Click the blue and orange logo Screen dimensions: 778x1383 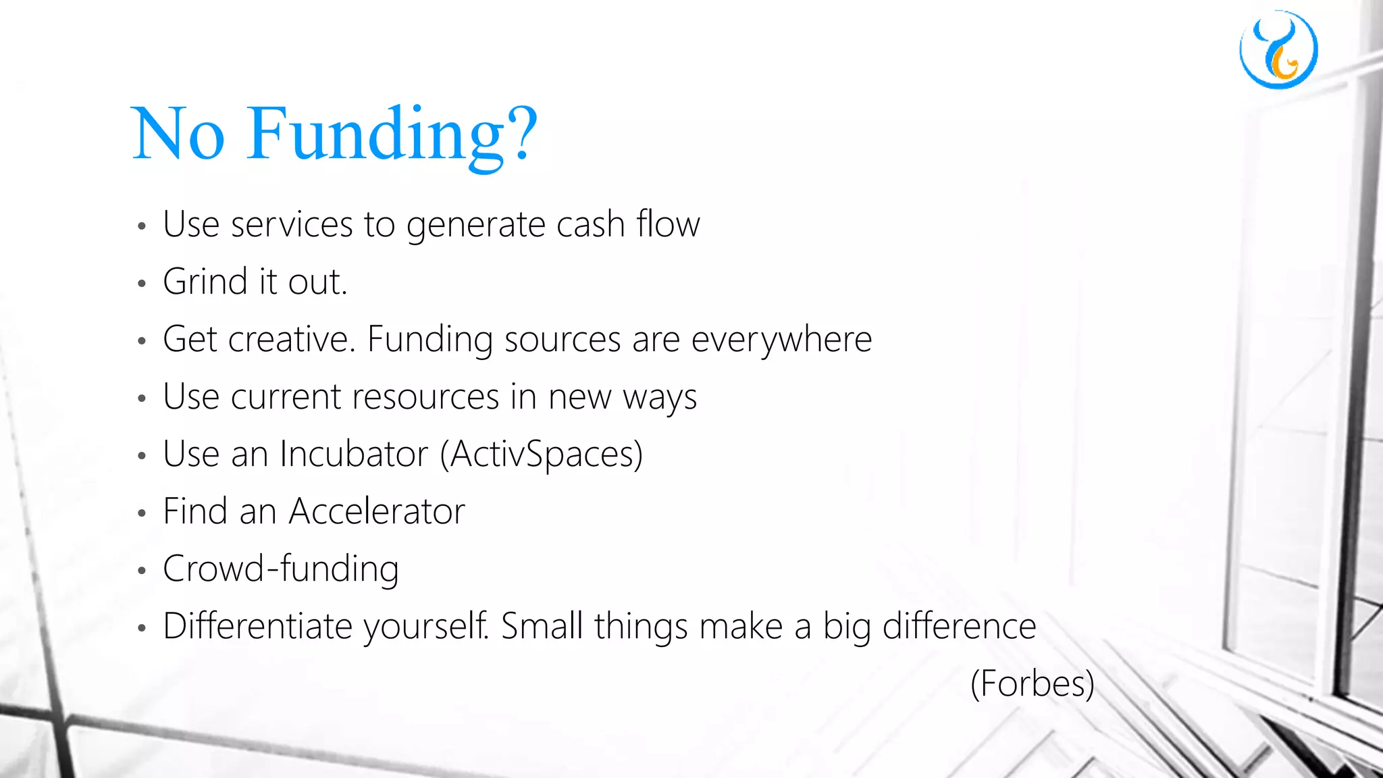click(1278, 49)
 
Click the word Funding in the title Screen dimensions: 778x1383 click(375, 134)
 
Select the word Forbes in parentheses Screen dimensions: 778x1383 click(1032, 683)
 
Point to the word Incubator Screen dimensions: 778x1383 click(354, 454)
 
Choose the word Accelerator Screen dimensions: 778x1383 click(377, 511)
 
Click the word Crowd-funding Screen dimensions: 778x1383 click(281, 569)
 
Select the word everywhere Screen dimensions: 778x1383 click(781, 340)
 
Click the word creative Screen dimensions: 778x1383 click(291, 339)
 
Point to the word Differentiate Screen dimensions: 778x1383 click(257, 626)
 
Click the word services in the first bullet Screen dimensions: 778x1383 click(292, 225)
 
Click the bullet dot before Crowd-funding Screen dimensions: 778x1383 click(141, 571)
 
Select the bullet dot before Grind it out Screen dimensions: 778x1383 click(141, 284)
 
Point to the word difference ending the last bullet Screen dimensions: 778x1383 click(959, 626)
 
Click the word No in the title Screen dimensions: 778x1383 click(178, 134)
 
